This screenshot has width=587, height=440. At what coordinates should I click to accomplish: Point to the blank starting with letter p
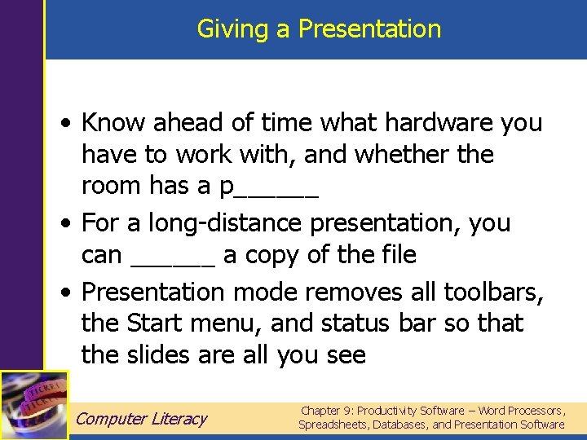(x=269, y=187)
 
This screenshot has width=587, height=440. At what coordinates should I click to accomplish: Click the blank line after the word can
(x=173, y=256)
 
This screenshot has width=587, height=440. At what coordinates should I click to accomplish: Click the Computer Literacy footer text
(x=142, y=419)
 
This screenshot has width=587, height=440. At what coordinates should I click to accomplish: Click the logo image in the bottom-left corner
(x=33, y=405)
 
